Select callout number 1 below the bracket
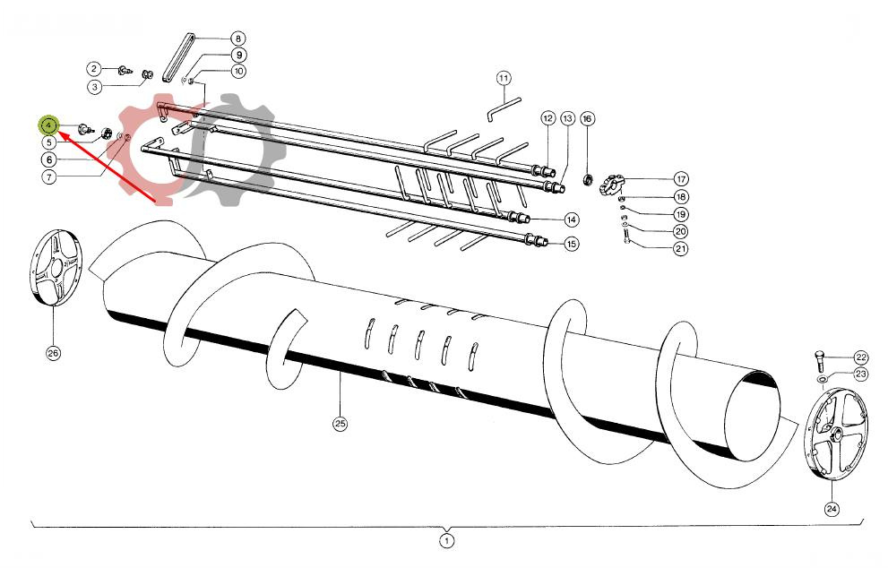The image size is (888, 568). tap(446, 540)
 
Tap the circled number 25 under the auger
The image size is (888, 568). tap(340, 424)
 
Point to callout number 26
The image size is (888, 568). tap(53, 353)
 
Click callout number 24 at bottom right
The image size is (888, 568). tap(832, 508)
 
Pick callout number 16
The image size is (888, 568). tap(587, 118)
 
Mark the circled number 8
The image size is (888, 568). tap(237, 39)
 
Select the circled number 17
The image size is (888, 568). tap(681, 179)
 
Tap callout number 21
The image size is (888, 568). tap(681, 249)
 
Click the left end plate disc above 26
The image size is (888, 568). tap(58, 269)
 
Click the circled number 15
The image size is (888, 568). tap(571, 244)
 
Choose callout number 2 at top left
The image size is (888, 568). tap(93, 69)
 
